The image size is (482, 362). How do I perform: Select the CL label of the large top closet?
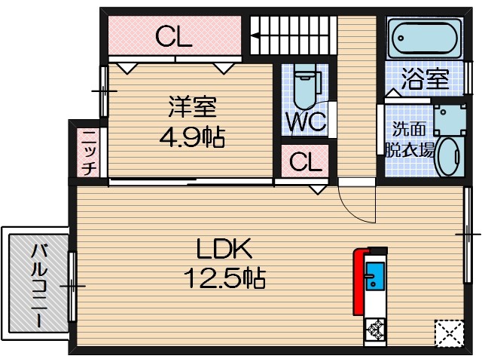[x=174, y=36]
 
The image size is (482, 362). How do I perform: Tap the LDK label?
[x=224, y=248]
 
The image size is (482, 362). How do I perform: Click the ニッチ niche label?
[x=88, y=152]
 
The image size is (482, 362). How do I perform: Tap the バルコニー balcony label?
[x=35, y=285]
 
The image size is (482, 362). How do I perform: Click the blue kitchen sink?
[x=374, y=276]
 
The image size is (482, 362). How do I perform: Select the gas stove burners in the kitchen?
[x=375, y=330]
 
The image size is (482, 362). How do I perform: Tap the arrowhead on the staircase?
[x=255, y=34]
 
